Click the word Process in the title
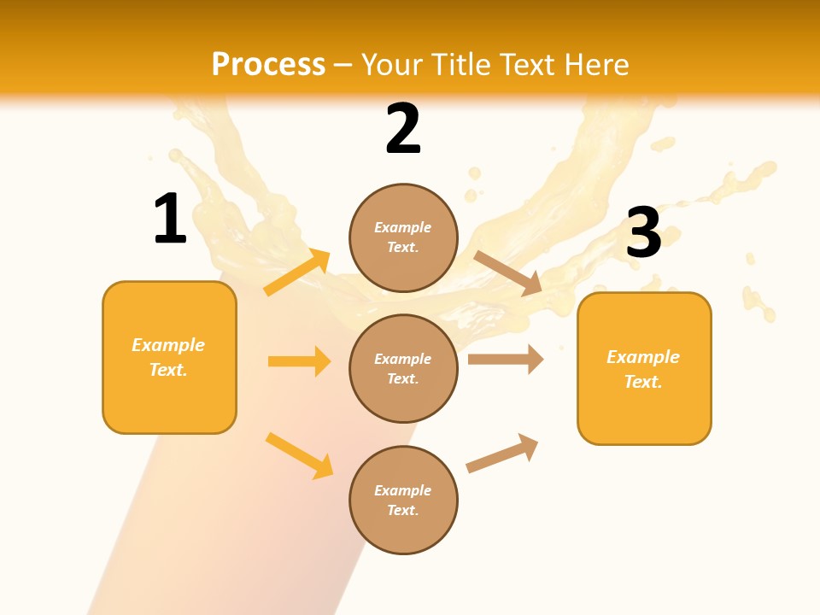268,65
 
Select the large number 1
170,219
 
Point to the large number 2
403,129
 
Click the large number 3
644,233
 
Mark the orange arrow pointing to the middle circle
299,361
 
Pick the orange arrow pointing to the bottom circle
299,454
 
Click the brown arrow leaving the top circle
507,272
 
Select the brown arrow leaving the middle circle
506,359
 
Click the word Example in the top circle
403,227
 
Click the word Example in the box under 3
643,357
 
